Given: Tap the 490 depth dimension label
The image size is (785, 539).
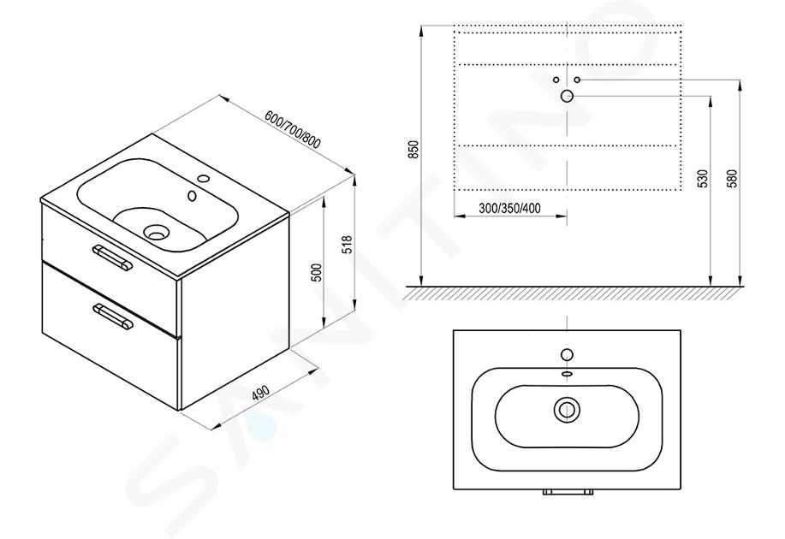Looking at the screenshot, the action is coord(260,393).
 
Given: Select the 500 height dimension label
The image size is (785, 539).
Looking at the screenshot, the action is coord(317,273).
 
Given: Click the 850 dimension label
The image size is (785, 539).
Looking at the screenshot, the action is coord(413,150).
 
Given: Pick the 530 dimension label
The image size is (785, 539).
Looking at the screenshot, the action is coord(704,179).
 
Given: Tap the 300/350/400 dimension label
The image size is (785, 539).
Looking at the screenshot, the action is coord(509,208).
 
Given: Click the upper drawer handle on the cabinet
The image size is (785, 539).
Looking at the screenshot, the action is coord(112,258).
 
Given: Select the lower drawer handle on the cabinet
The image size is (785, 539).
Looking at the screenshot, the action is coord(113,317).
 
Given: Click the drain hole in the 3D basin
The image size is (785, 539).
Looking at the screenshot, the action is coord(156,232).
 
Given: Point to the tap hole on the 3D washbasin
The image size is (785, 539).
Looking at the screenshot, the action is coord(203,178).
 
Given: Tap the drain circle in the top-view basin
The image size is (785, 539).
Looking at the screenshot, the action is coord(567,410).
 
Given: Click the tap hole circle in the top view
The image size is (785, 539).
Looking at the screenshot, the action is coord(567,355).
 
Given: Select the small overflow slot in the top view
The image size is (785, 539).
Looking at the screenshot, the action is coord(567,373).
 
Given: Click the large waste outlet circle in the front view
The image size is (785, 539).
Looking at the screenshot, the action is coord(567,96).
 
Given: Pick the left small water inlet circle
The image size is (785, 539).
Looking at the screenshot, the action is coord(556,80).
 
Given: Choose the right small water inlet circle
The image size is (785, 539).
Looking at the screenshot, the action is coord(577,80).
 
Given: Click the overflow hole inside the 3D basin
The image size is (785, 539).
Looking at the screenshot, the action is coord(192,196).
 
